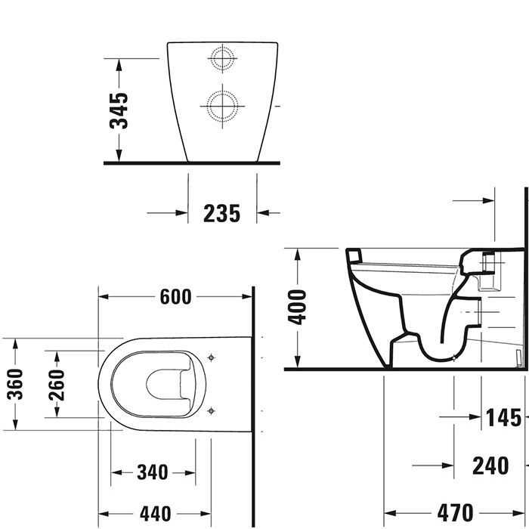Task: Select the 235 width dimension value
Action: click(x=222, y=214)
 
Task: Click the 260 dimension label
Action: click(x=56, y=385)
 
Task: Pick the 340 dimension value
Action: click(x=153, y=473)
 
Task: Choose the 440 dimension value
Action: click(x=153, y=513)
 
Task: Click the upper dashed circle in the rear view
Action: click(x=222, y=59)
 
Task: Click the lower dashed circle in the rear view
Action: click(x=222, y=105)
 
